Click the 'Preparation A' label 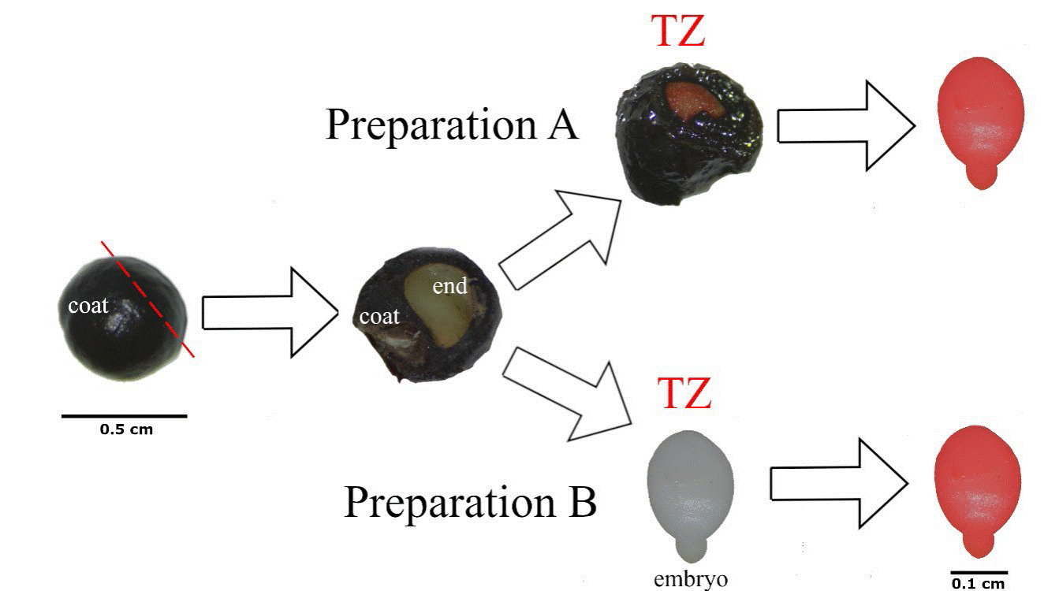452,124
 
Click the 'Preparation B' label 470,502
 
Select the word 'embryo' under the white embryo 691,580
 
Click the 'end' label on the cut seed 450,287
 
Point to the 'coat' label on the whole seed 88,306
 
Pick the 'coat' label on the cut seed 379,317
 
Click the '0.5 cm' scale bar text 126,430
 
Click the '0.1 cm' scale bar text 979,583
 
